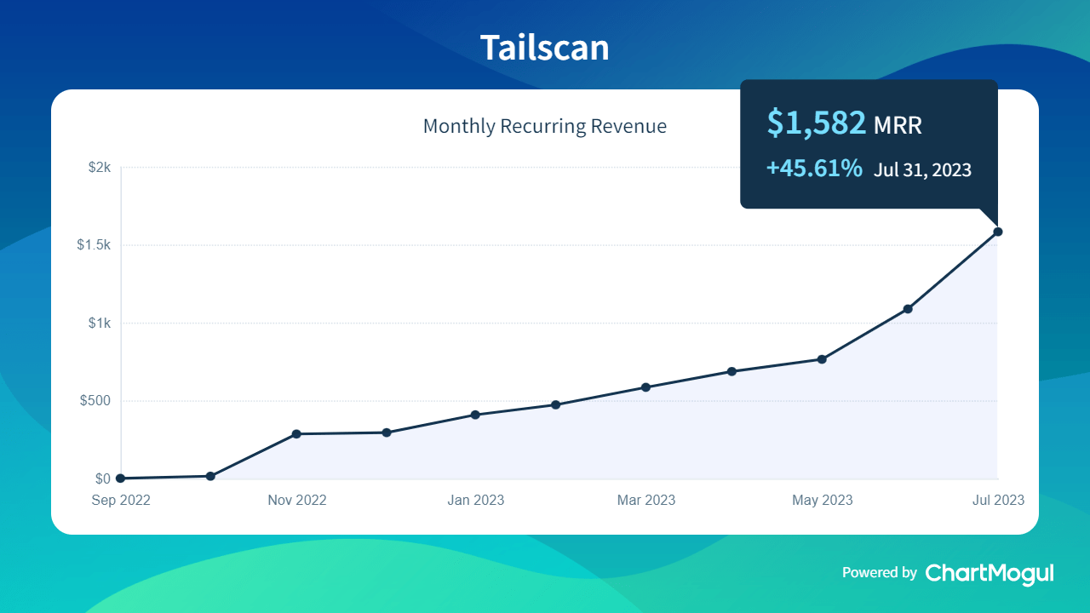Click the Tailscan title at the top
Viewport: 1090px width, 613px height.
[x=544, y=48]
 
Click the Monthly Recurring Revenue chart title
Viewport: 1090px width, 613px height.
[x=544, y=127]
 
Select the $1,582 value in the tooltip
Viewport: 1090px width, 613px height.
[x=816, y=123]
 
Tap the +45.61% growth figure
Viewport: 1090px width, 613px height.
[x=814, y=169]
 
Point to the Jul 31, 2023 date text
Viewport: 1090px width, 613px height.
[x=922, y=169]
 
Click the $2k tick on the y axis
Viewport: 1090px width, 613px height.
[x=100, y=168]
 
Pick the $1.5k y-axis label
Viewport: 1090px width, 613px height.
[x=94, y=245]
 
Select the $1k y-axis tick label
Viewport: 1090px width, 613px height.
[x=100, y=323]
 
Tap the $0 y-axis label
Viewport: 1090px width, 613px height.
[x=103, y=478]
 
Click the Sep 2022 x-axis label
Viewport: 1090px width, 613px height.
[x=121, y=501]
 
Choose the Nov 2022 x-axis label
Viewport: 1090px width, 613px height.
[x=297, y=501]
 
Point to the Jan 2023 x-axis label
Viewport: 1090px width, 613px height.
[x=475, y=501]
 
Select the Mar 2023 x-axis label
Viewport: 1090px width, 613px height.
[x=646, y=501]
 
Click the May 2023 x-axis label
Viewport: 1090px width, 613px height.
[x=822, y=501]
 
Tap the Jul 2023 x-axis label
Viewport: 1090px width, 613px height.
[x=998, y=501]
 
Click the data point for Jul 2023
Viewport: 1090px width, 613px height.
[x=998, y=232]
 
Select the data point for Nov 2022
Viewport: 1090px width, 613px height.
[x=296, y=434]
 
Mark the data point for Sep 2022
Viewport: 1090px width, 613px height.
[x=120, y=478]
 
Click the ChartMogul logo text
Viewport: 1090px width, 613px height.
[x=990, y=573]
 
